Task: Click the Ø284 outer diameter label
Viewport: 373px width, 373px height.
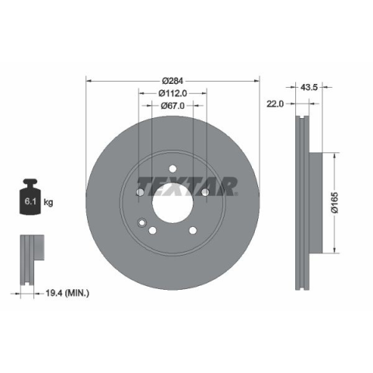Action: (173, 81)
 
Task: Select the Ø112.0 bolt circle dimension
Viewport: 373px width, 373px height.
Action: (173, 93)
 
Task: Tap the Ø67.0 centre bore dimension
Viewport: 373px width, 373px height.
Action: (173, 106)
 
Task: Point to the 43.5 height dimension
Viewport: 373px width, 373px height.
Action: (309, 87)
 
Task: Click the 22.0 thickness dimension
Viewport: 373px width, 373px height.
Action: (275, 104)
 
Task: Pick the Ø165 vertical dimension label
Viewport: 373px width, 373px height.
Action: (335, 203)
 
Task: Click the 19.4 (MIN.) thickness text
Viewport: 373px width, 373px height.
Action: (68, 293)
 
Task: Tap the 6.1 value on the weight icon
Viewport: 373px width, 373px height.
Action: (30, 201)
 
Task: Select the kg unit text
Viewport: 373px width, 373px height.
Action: (48, 202)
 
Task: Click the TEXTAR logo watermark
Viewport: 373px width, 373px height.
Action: (187, 186)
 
